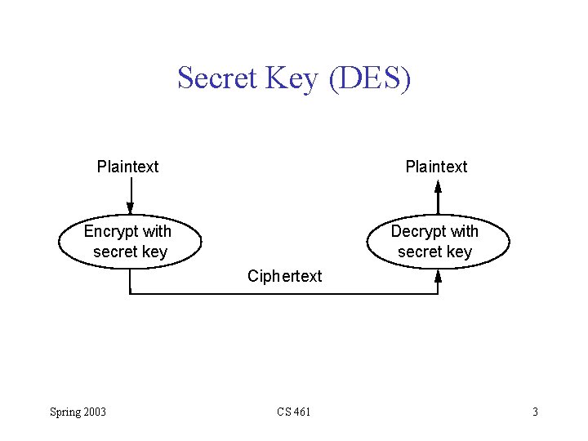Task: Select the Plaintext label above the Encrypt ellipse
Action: [x=128, y=167]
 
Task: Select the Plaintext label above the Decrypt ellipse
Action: [x=437, y=167]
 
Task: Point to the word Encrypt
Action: [x=112, y=231]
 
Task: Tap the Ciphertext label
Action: [x=285, y=276]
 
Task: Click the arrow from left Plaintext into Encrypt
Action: [x=130, y=197]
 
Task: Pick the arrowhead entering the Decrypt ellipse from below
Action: [x=438, y=275]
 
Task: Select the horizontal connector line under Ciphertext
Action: [x=284, y=292]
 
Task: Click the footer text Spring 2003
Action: [x=78, y=412]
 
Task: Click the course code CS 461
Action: [x=293, y=412]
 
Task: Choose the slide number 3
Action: [x=535, y=412]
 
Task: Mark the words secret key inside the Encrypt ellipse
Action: [x=130, y=252]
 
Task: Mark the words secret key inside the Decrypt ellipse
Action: [x=435, y=252]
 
